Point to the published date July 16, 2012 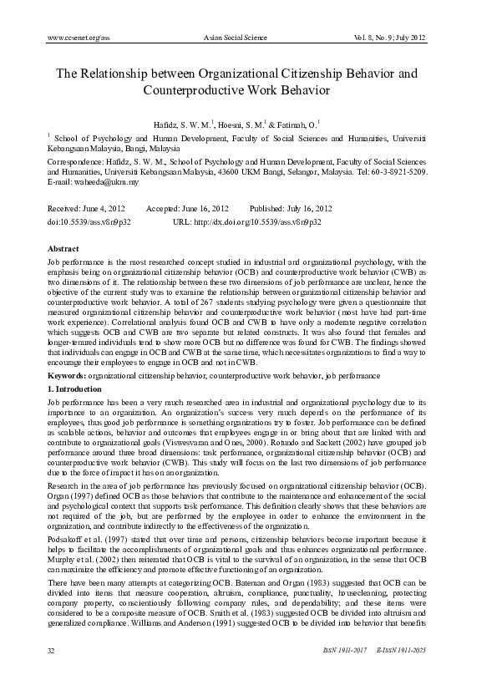(x=304, y=208)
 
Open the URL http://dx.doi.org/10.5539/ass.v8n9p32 (x=255, y=223)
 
